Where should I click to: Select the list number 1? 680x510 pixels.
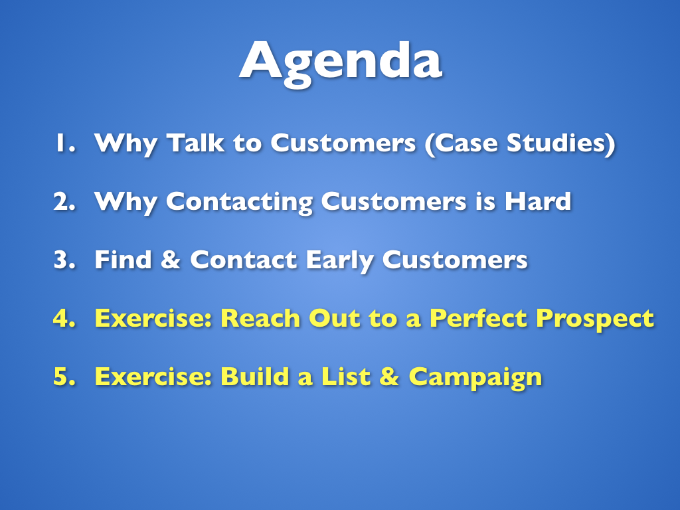pyautogui.click(x=65, y=143)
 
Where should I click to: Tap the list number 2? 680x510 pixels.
pyautogui.click(x=64, y=201)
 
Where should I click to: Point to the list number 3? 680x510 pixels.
pyautogui.click(x=64, y=260)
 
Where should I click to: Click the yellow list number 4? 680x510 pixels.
pyautogui.click(x=64, y=318)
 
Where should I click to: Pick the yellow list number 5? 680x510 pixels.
pyautogui.click(x=64, y=376)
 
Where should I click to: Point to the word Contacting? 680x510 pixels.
pyautogui.click(x=239, y=202)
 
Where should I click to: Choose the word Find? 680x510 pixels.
pyautogui.click(x=123, y=260)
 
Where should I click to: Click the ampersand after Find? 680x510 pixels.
pyautogui.click(x=171, y=260)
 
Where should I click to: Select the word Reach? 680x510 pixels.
pyautogui.click(x=260, y=318)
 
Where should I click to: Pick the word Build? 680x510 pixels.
pyautogui.click(x=254, y=376)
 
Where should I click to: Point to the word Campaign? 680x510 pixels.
pyautogui.click(x=475, y=377)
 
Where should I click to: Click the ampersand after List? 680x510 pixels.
pyautogui.click(x=389, y=376)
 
